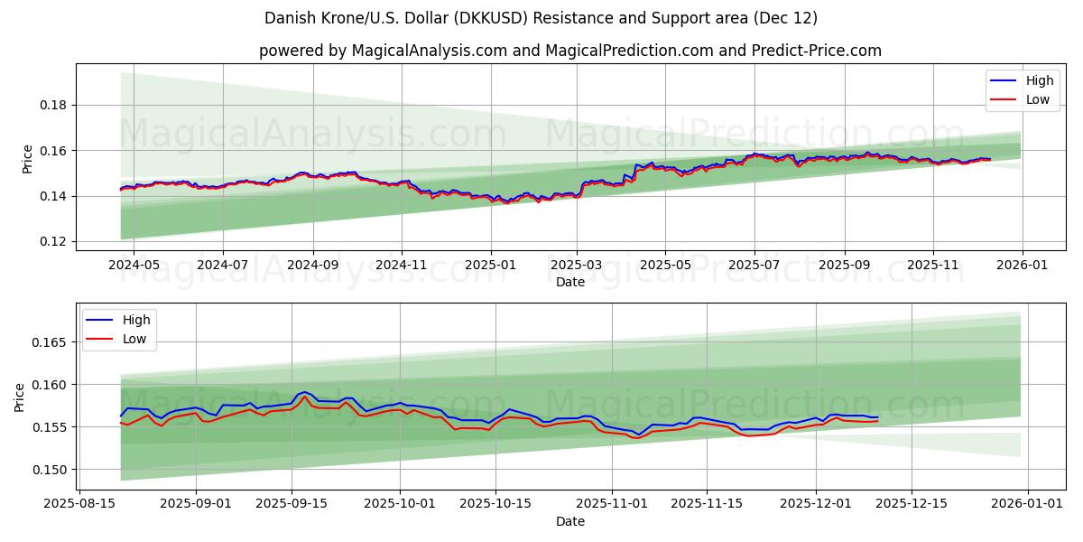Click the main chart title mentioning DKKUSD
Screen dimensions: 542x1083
point(541,18)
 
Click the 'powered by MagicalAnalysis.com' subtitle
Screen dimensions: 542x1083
point(569,51)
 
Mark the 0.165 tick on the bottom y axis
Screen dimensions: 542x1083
point(51,342)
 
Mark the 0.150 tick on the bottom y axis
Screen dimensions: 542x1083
point(51,469)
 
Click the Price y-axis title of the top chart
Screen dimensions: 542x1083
point(27,158)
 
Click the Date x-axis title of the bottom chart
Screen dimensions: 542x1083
point(569,522)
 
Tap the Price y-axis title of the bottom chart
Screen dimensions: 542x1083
point(20,397)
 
